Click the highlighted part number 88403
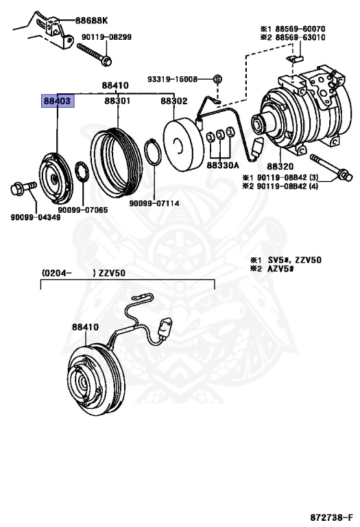[58, 101]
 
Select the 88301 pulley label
[117, 101]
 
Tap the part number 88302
[173, 101]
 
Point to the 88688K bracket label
[91, 21]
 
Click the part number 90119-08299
[106, 37]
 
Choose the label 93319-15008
[172, 80]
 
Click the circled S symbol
[218, 80]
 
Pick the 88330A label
[222, 165]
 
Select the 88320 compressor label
[280, 166]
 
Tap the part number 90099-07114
[154, 203]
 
